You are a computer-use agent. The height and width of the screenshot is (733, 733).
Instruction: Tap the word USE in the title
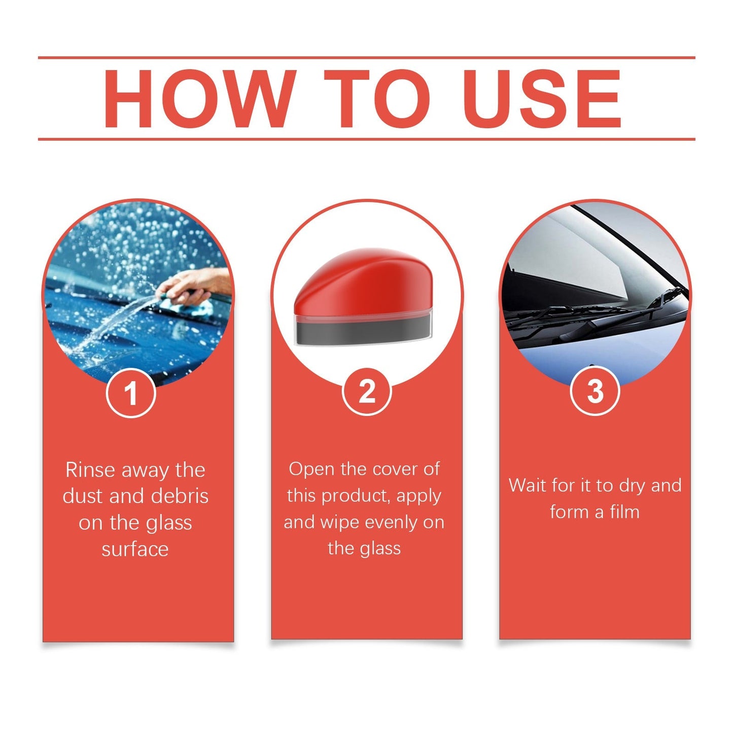pyautogui.click(x=542, y=98)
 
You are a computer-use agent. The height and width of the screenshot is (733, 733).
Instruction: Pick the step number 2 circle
pyautogui.click(x=367, y=392)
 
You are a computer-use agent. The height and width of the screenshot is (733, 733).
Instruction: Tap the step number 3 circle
pyautogui.click(x=595, y=392)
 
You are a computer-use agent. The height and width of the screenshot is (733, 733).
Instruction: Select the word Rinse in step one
pyautogui.click(x=90, y=470)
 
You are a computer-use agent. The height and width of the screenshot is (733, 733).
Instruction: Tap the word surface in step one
pyautogui.click(x=135, y=549)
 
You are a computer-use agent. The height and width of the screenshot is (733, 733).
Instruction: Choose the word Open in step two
pyautogui.click(x=311, y=470)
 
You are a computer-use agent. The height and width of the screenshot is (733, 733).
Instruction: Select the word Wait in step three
pyautogui.click(x=528, y=486)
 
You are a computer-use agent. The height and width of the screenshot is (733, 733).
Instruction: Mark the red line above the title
pyautogui.click(x=366, y=58)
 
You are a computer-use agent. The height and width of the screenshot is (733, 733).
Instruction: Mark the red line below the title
pyautogui.click(x=366, y=138)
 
